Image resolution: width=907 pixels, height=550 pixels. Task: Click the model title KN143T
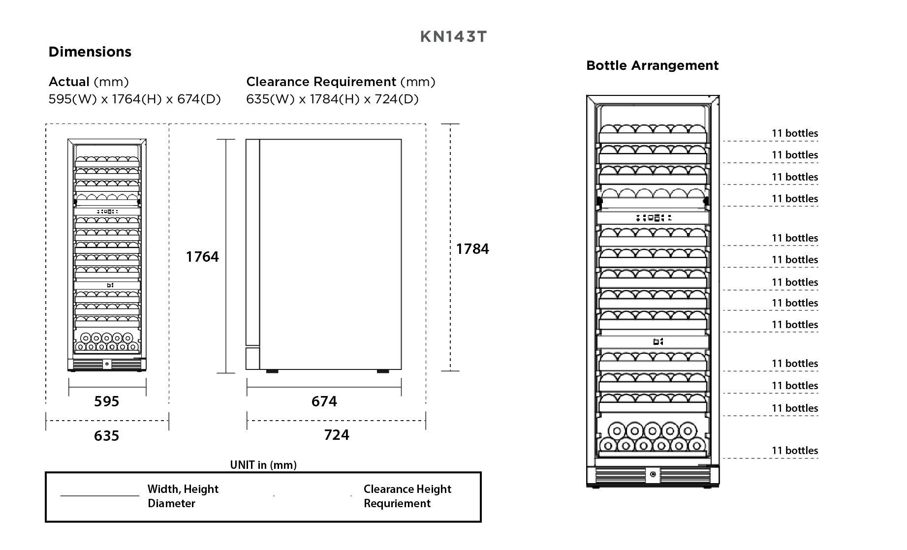coord(453,37)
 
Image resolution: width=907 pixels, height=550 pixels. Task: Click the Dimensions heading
coord(90,52)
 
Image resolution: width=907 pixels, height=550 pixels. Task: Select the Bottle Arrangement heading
coord(652,65)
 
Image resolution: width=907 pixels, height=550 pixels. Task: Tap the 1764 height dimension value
coord(202,257)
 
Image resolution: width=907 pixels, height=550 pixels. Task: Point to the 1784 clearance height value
coord(472,249)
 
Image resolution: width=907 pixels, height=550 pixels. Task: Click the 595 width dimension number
coord(107,401)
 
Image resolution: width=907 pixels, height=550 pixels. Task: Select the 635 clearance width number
coord(107,436)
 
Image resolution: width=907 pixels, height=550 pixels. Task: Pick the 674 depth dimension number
coord(324,401)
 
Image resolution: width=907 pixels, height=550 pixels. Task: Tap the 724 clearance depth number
coord(337,435)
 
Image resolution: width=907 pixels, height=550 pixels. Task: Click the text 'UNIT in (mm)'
coord(263,465)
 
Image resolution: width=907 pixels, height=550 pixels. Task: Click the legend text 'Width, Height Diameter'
coord(183,496)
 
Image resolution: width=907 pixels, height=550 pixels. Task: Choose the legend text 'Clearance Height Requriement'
coord(407,496)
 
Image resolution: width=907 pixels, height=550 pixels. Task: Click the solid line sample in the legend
coord(100,496)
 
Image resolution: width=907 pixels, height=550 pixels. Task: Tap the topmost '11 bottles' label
coord(794,133)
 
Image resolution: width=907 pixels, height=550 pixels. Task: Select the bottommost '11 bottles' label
coord(794,451)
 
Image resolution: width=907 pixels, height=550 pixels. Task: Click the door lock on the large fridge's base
coord(653,475)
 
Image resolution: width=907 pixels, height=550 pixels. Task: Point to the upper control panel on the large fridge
coord(653,217)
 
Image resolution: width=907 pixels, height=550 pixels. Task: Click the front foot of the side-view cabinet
coord(272,371)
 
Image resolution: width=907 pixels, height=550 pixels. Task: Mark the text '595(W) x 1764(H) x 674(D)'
coord(134,99)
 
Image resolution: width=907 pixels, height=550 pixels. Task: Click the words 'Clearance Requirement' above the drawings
coord(321,82)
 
